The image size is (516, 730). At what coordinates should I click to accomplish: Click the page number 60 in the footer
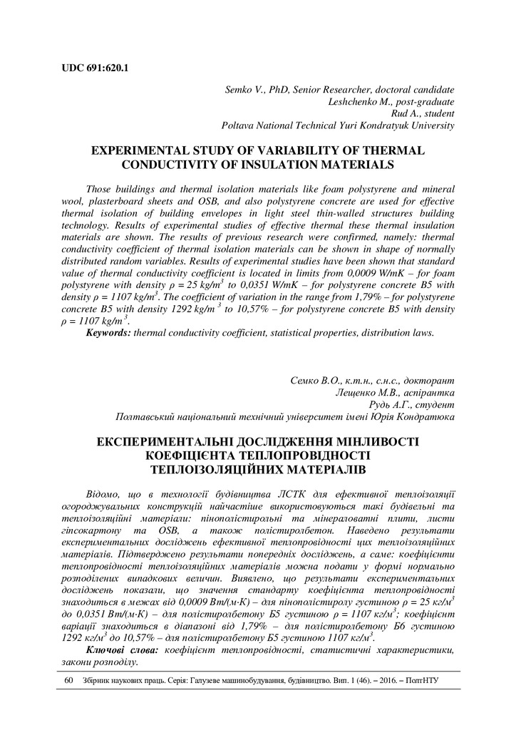pos(69,681)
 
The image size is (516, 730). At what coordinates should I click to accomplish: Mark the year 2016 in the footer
pos(382,681)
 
